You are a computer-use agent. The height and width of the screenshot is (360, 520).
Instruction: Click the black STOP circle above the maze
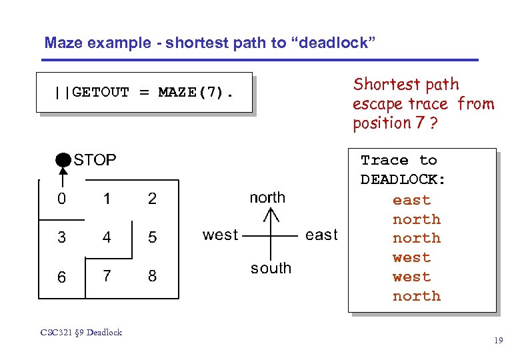click(x=62, y=160)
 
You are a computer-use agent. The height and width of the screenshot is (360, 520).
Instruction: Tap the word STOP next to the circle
click(x=95, y=160)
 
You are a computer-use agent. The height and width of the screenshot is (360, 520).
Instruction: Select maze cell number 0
click(x=61, y=199)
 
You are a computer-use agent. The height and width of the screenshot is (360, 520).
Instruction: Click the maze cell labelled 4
click(x=107, y=238)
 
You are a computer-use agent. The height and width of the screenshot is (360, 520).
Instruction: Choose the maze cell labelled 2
click(x=153, y=199)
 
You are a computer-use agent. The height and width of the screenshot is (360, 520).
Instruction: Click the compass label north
click(x=267, y=197)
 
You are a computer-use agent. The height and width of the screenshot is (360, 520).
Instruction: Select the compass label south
click(x=271, y=268)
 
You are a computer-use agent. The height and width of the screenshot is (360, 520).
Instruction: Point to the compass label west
click(x=220, y=235)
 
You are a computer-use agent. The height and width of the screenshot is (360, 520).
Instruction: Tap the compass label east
click(x=321, y=235)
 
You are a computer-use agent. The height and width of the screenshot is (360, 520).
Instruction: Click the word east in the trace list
click(x=411, y=200)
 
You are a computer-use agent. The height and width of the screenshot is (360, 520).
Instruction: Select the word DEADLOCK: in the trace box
click(x=403, y=180)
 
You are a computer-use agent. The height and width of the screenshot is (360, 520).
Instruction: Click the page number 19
click(x=498, y=341)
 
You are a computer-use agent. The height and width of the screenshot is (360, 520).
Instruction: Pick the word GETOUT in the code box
click(x=100, y=92)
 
